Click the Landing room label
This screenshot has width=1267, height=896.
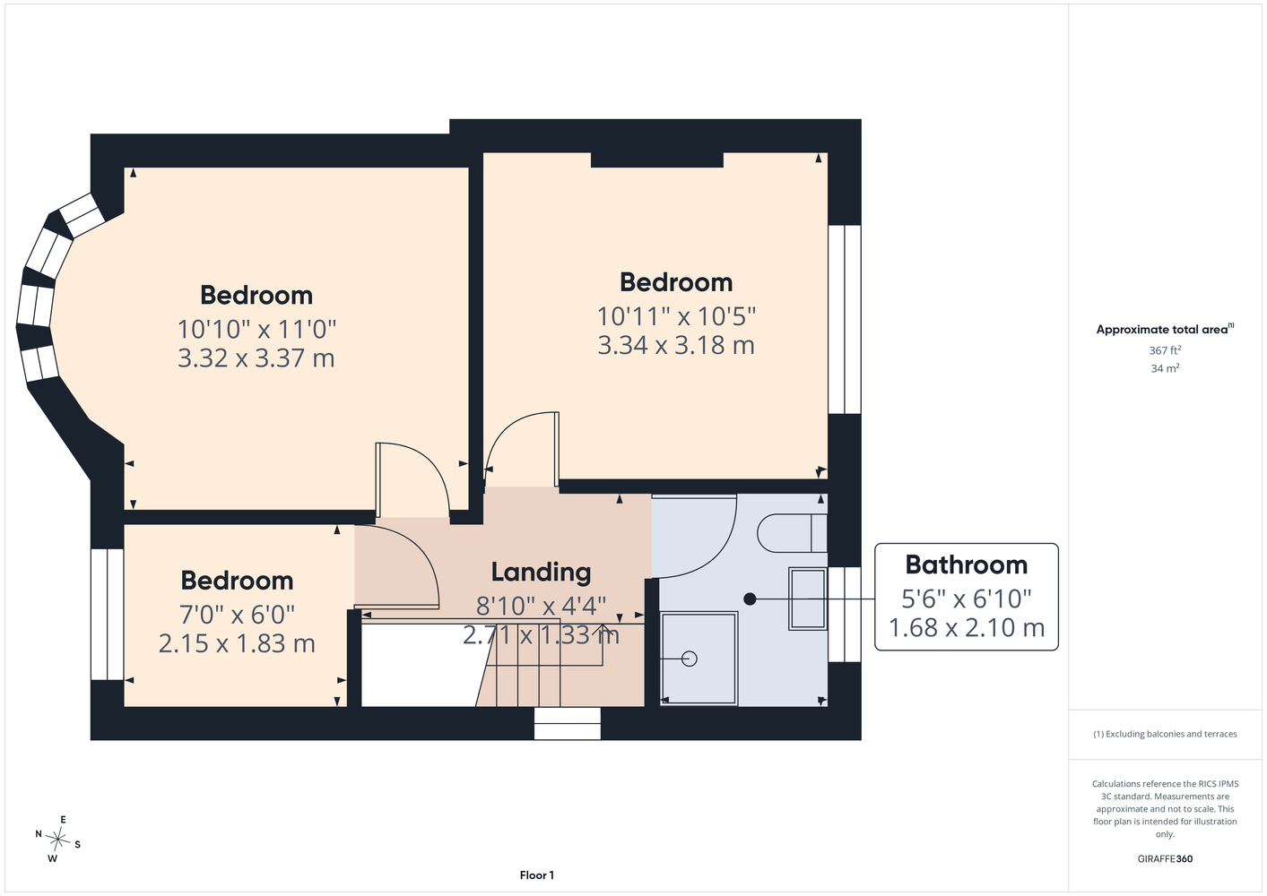pos(541,572)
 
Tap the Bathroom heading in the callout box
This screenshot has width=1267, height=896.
pos(966,564)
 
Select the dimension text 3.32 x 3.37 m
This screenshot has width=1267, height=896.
pos(256,358)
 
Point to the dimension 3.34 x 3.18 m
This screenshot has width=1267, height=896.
pos(676,345)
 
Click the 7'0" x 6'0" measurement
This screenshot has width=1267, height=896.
pos(237,615)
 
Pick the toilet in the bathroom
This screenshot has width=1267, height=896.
pos(792,533)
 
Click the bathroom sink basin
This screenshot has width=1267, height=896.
pos(808,599)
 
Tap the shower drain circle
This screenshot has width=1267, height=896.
pos(689,659)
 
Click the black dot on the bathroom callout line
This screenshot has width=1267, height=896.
pos(750,599)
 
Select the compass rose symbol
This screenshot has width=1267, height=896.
pos(57,839)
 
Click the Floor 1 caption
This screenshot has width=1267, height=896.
pos(537,875)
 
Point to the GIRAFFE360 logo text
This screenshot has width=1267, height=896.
pos(1165,858)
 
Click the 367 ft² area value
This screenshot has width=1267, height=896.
pos(1165,350)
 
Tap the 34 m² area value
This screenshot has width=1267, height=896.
pos(1165,368)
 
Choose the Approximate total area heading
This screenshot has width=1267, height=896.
pos(1165,329)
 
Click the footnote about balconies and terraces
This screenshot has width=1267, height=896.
pos(1165,734)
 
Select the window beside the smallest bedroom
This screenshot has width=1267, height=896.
pos(107,615)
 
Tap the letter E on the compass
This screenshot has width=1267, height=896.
pos(64,820)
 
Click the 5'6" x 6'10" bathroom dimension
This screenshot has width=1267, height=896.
pos(966,599)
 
